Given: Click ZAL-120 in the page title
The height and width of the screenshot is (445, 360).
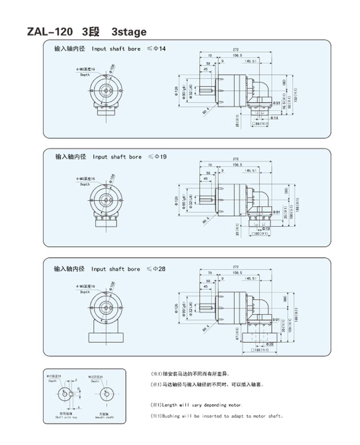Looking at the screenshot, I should click(x=50, y=32).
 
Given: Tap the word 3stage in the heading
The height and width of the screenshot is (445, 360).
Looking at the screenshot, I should click(x=129, y=32).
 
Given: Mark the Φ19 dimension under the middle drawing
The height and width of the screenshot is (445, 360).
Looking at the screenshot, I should click(x=265, y=229).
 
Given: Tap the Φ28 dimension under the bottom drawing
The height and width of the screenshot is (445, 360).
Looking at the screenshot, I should click(x=269, y=344).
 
